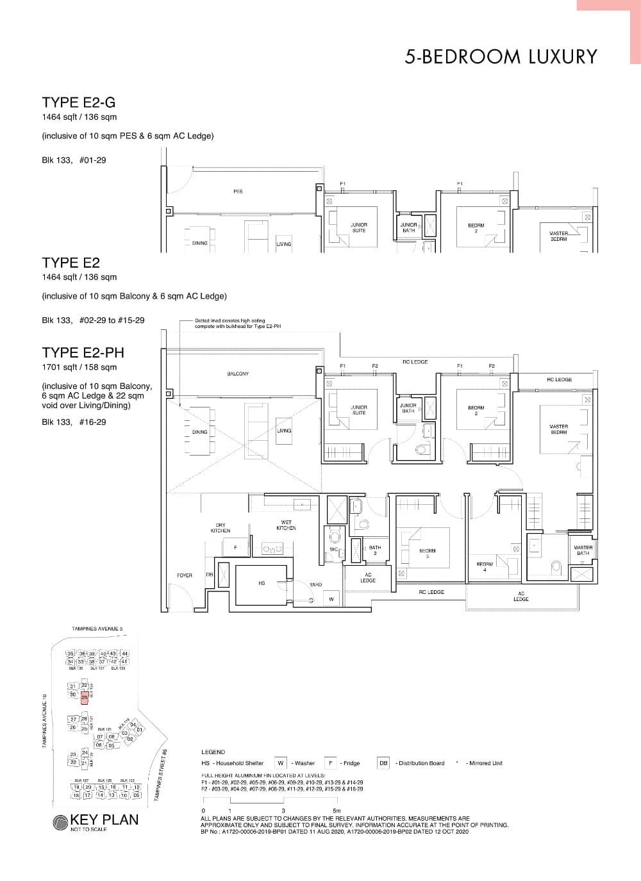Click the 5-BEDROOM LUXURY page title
click(x=501, y=57)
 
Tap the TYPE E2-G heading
click(x=79, y=103)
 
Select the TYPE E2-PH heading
click(x=83, y=352)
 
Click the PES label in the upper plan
click(x=238, y=192)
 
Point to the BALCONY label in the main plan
click(x=238, y=374)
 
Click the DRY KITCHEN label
click(x=221, y=528)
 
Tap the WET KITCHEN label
click(x=286, y=525)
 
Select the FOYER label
click(x=185, y=575)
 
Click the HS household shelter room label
click(x=262, y=583)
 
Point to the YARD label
click(x=315, y=584)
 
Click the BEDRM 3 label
click(x=428, y=552)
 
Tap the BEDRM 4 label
click(x=485, y=566)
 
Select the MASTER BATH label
click(x=583, y=550)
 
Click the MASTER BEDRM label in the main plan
click(x=558, y=429)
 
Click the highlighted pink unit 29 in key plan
click(x=84, y=698)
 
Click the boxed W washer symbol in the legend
click(x=281, y=763)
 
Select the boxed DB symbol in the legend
click(x=383, y=763)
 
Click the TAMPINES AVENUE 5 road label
click(x=97, y=629)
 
